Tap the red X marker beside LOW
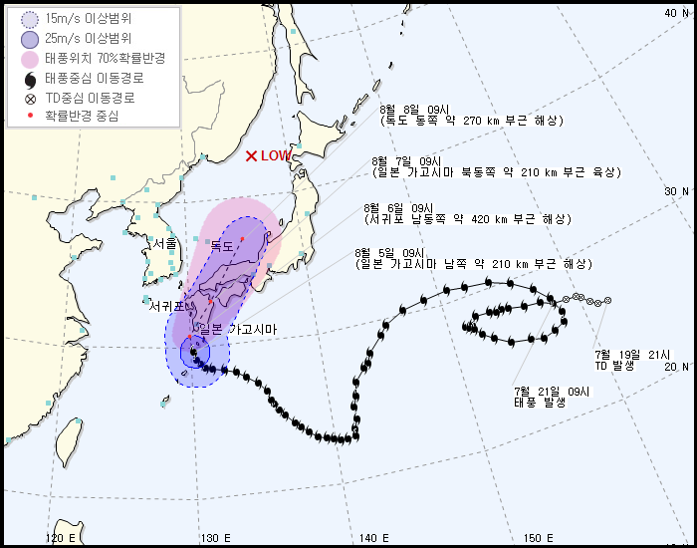tap(251, 155)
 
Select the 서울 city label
tap(165, 243)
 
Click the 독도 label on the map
tap(221, 246)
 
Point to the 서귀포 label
tap(167, 307)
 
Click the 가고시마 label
tap(253, 329)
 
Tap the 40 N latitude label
tap(676, 13)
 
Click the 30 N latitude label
tap(676, 191)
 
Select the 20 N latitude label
tap(676, 367)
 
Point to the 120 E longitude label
tap(62, 538)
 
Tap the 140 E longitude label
tap(373, 538)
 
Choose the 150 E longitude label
tap(538, 538)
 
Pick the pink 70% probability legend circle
tap(29, 58)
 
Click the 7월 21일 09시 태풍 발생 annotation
tap(552, 397)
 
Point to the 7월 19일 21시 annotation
tap(633, 360)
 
